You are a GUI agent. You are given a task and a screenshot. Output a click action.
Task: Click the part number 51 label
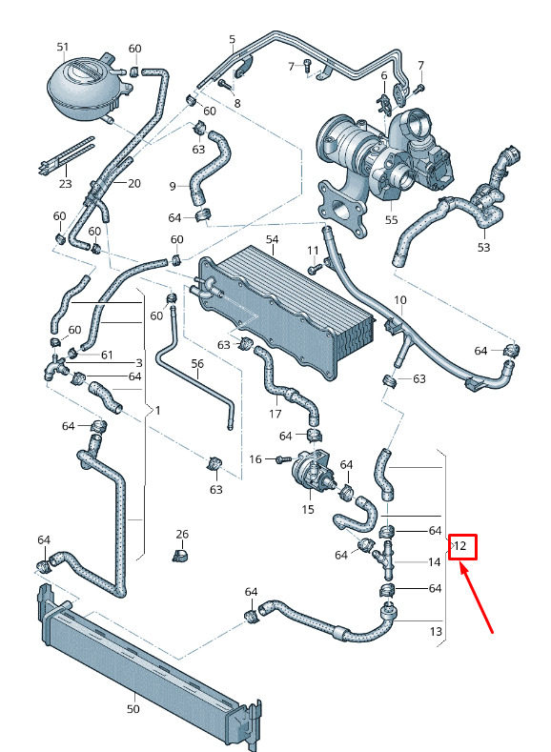click(x=63, y=47)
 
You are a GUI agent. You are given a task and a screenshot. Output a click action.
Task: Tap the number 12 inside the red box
click(x=459, y=546)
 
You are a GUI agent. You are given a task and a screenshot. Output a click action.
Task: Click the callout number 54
click(x=273, y=239)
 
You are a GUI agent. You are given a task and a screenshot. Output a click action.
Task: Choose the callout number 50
click(x=133, y=709)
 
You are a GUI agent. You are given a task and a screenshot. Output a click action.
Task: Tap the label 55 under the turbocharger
click(x=392, y=219)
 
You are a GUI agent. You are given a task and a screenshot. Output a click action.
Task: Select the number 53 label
click(x=484, y=247)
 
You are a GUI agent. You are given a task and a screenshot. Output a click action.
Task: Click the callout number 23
click(x=65, y=183)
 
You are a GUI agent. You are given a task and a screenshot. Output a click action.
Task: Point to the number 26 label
click(x=182, y=534)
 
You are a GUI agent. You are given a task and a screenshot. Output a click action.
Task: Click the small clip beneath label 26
click(x=180, y=556)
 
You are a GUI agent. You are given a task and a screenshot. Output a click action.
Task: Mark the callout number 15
click(x=308, y=509)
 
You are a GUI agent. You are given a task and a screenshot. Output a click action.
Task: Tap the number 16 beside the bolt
click(x=255, y=459)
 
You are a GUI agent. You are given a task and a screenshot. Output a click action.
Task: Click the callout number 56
click(x=197, y=363)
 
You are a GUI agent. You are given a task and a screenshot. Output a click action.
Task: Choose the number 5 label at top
click(x=233, y=39)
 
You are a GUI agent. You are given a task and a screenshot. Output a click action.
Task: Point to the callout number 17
click(x=275, y=414)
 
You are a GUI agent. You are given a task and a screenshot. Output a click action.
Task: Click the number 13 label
click(x=436, y=631)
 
